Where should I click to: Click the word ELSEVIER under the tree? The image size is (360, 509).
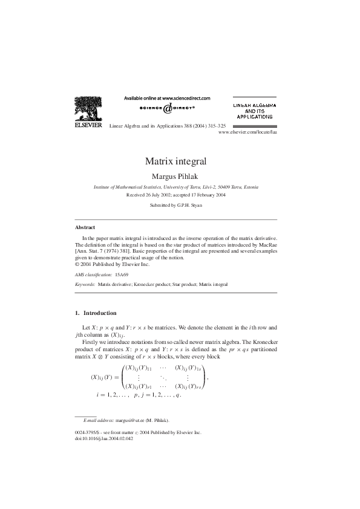(x=88, y=126)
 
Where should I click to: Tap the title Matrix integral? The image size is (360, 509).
(x=176, y=161)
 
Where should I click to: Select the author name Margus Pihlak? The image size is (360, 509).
(x=176, y=177)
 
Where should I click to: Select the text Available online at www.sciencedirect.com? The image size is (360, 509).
(x=167, y=97)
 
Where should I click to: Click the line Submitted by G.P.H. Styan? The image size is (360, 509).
(x=176, y=206)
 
